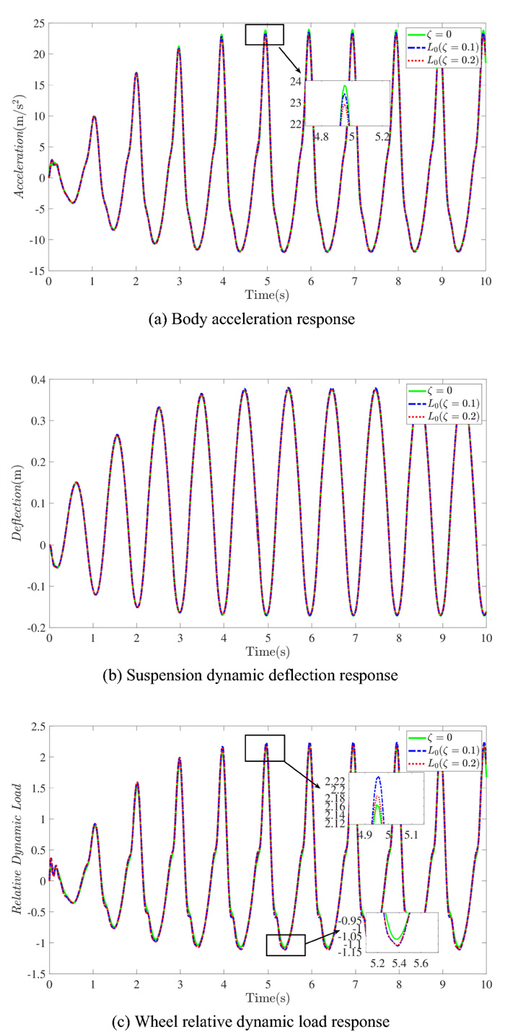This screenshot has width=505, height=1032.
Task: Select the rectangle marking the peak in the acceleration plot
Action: pyautogui.click(x=265, y=35)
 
